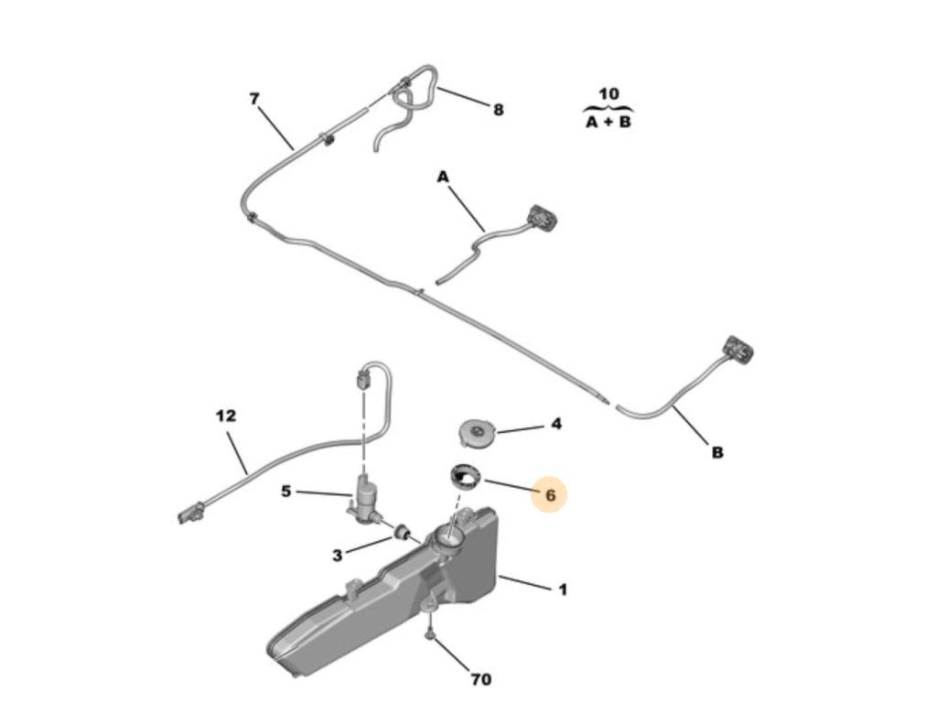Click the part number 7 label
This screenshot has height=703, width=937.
click(254, 99)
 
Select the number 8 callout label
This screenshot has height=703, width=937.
click(498, 110)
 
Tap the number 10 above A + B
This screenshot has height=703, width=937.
click(609, 93)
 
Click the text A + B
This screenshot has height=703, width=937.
click(609, 121)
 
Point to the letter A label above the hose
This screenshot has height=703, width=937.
click(443, 176)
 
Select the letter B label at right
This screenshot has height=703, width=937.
click(717, 451)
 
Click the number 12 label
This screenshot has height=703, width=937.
click(226, 416)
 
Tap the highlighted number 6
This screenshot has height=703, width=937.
click(550, 494)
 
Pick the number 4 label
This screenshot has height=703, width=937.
click(556, 425)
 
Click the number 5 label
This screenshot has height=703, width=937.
click(286, 492)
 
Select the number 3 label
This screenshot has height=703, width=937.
click(338, 555)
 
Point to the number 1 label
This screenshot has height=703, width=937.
click(563, 589)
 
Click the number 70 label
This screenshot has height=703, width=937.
click(480, 679)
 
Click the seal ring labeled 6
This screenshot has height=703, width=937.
click(465, 477)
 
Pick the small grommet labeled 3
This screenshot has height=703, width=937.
click(400, 532)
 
